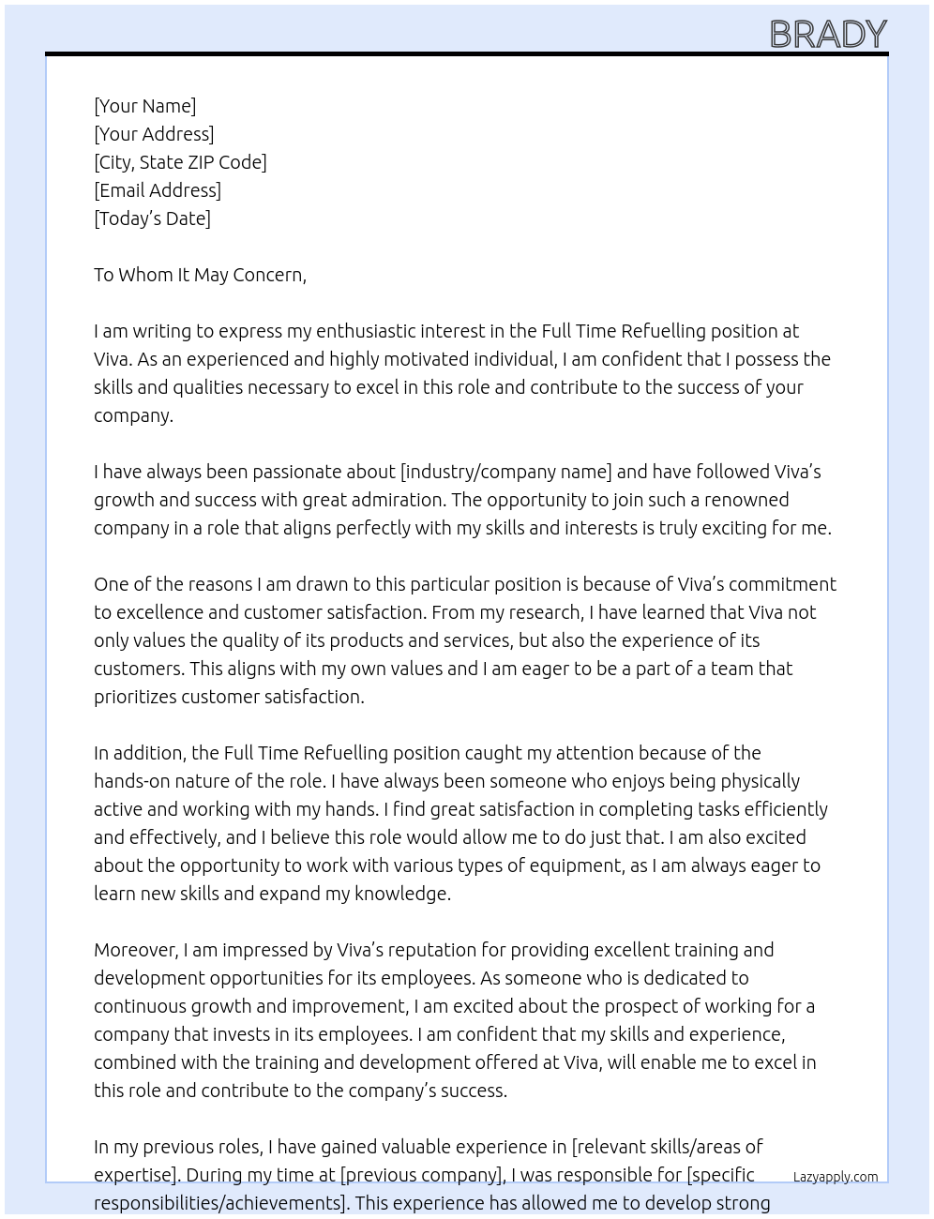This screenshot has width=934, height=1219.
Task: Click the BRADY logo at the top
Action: click(828, 35)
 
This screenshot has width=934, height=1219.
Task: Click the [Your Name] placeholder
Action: click(144, 106)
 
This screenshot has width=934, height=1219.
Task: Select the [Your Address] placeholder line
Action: click(154, 134)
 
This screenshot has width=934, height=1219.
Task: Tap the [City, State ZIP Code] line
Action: click(180, 162)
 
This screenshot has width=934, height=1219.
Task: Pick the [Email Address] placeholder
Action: click(158, 190)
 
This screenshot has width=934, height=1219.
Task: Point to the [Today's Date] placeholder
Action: click(152, 218)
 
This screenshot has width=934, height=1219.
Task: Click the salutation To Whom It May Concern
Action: click(200, 275)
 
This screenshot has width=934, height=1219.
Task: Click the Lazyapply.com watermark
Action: click(836, 1177)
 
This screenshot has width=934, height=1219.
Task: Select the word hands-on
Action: click(130, 781)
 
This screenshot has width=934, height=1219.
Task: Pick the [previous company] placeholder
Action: click(422, 1175)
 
